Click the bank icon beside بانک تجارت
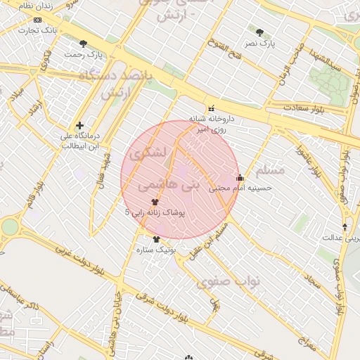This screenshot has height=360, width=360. coord(37,20)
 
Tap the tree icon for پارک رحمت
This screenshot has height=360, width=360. coord(83,44)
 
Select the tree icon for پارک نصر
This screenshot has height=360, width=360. coord(260,32)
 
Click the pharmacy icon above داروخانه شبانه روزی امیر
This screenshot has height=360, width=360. coord(212,108)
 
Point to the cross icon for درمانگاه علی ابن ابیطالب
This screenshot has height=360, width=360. coord(79,125)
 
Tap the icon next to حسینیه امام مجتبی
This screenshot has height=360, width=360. coord(240,177)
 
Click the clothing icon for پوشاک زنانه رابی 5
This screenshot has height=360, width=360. coord(155,202)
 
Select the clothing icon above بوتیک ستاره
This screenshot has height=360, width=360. coord(156,239)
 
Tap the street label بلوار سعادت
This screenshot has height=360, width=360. coord(307,108)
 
